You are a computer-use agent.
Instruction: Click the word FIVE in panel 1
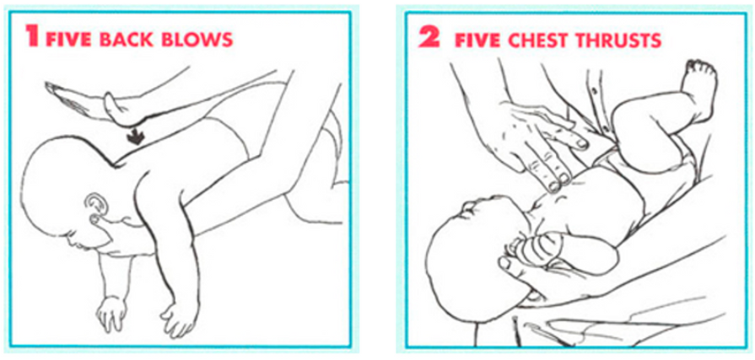click(x=68, y=39)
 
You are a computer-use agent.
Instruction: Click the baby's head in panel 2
click(x=472, y=260)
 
